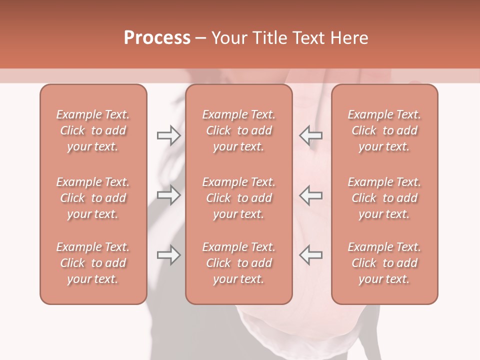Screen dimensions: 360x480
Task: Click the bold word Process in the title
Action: [157, 38]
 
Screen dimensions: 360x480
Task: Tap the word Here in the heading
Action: [349, 38]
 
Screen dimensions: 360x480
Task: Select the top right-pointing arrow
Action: [169, 135]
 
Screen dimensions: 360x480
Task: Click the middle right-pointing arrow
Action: [169, 195]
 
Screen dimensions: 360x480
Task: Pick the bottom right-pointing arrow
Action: [169, 255]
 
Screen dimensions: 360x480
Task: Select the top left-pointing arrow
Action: [310, 135]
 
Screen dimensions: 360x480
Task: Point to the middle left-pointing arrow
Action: [310, 195]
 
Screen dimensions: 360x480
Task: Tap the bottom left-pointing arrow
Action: [310, 255]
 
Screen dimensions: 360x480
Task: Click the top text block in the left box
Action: [93, 130]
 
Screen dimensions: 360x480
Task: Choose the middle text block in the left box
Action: [93, 198]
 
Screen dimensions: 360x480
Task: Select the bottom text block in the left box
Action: [93, 263]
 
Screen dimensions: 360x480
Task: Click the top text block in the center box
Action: [238, 130]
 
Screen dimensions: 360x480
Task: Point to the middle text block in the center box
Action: [238, 198]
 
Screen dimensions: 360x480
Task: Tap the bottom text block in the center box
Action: [238, 263]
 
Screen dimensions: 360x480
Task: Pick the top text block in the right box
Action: [384, 130]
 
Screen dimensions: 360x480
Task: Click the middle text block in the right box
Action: [384, 198]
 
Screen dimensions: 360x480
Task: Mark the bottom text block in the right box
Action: [384, 263]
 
